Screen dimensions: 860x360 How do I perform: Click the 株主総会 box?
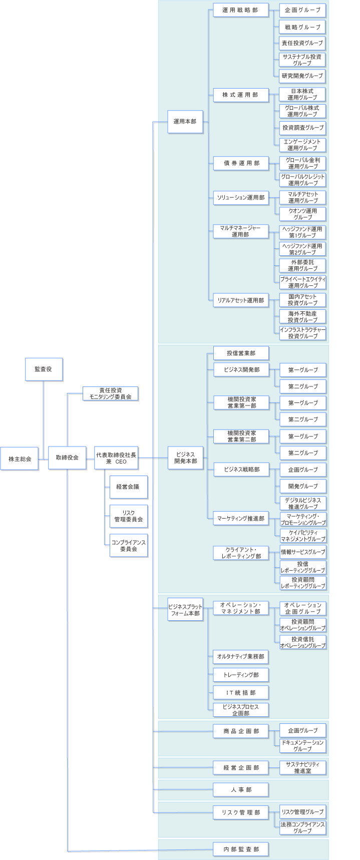(20, 458)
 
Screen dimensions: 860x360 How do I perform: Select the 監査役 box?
(44, 369)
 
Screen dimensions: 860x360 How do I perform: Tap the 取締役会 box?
(67, 458)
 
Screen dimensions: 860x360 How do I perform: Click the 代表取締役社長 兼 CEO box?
(116, 458)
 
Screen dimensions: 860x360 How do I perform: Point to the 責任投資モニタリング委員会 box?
(110, 393)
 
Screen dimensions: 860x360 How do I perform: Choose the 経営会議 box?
(128, 487)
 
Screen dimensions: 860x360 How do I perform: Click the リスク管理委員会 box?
(128, 516)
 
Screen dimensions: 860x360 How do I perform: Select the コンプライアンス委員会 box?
(128, 546)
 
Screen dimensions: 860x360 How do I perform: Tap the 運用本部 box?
(185, 121)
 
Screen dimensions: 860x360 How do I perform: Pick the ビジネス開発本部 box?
(185, 458)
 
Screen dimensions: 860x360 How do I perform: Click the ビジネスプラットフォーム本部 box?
(185, 610)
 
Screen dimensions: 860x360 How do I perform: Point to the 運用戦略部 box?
(240, 10)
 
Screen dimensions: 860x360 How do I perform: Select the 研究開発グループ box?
(302, 76)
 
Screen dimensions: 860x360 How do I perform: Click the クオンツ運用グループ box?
(302, 214)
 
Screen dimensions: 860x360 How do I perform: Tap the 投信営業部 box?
(241, 353)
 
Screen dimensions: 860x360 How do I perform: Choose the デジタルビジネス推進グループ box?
(302, 503)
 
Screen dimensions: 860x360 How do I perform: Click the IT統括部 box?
(241, 692)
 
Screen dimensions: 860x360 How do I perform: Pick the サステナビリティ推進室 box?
(302, 767)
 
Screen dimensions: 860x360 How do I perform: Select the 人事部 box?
(241, 789)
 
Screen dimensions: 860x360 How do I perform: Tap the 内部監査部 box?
(241, 849)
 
